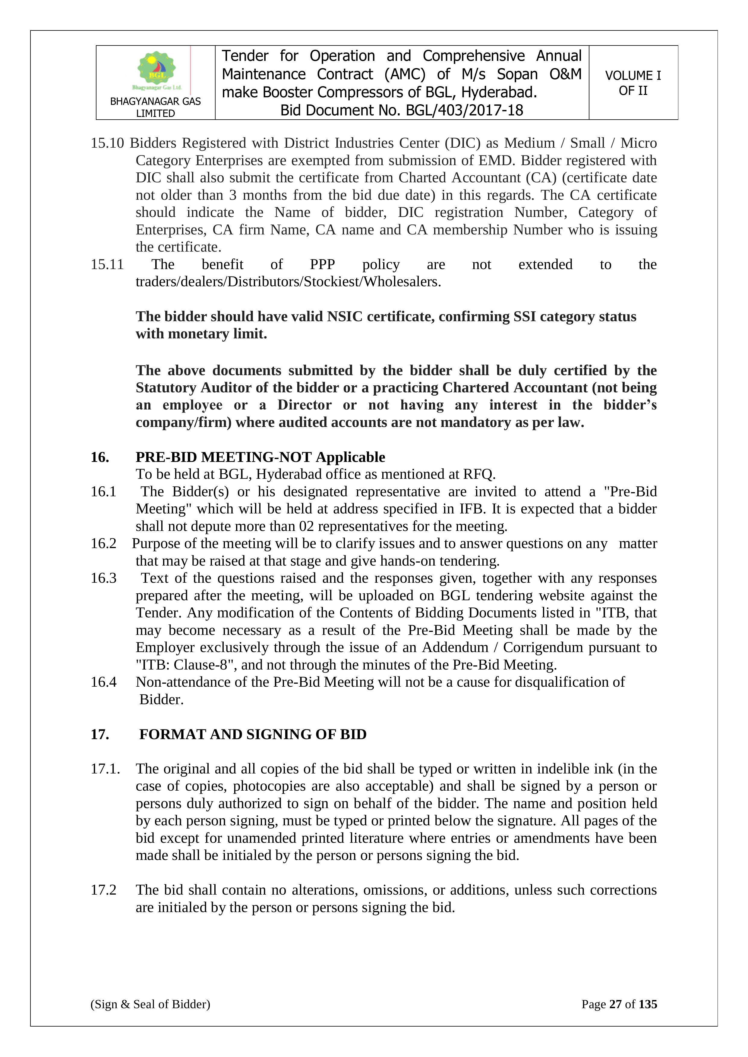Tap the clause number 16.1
coord(104,492)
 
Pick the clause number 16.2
coord(104,544)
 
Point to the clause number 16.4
coord(104,682)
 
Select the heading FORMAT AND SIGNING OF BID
coord(253,734)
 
